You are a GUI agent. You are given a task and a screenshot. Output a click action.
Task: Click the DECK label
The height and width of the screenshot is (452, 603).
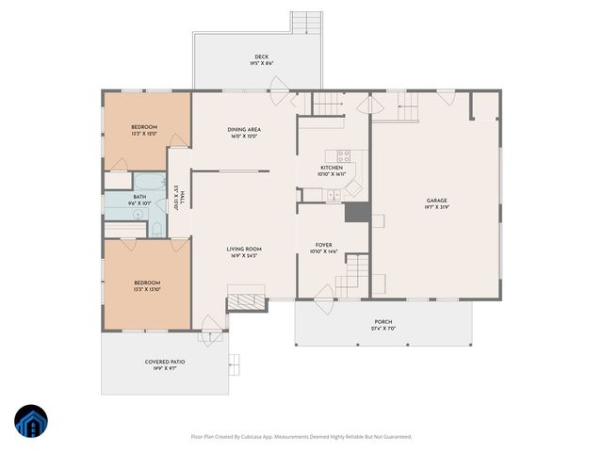pos(261,56)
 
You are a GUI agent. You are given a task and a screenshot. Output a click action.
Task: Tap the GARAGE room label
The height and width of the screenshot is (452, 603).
pos(435,200)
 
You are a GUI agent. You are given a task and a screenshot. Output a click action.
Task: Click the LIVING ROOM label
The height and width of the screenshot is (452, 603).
pos(243,249)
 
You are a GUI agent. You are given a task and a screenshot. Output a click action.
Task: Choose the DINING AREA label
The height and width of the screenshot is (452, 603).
pos(243,129)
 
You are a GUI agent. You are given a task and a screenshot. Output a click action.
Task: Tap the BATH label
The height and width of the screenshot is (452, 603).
pos(139,196)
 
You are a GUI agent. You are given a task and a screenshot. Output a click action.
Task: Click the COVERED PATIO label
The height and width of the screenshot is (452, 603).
pos(165,362)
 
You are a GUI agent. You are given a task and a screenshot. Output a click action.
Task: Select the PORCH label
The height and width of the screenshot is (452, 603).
pos(383,321)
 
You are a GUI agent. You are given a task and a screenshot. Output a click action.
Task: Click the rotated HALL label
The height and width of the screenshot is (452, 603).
pos(179,197)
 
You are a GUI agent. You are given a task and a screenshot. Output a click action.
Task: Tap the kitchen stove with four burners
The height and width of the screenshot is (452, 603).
pos(344,156)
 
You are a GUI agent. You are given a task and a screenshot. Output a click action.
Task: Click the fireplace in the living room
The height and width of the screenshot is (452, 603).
pos(248,301)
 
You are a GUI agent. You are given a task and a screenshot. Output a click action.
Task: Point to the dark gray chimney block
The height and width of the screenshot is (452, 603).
pos(356,214)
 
